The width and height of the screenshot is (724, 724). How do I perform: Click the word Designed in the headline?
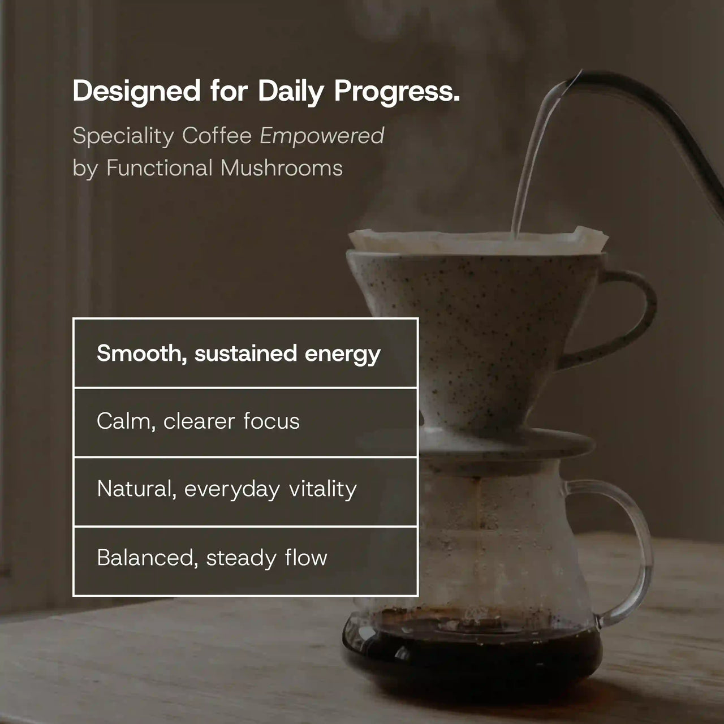[136, 91]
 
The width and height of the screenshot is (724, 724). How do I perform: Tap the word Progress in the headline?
[396, 92]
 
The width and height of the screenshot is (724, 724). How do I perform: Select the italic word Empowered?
[322, 136]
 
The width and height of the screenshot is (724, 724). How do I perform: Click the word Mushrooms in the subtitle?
[282, 168]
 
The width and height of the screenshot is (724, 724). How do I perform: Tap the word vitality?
[322, 489]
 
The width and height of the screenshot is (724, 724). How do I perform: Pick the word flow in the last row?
[306, 558]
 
